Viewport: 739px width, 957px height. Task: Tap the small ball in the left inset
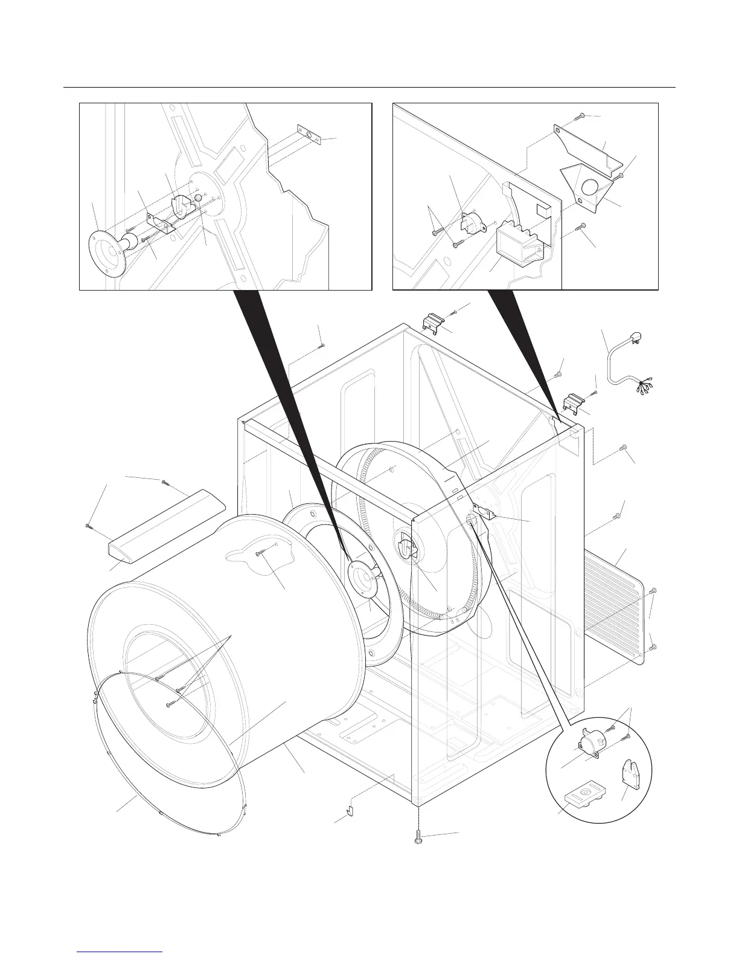(197, 198)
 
